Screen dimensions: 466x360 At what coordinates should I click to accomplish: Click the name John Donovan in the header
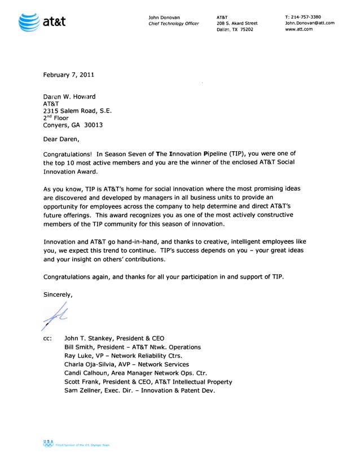[164, 17]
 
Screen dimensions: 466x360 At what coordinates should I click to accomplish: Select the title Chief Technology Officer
[173, 23]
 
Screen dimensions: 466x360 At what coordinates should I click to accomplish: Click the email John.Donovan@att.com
[310, 23]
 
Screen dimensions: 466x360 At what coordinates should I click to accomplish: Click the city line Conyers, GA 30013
[73, 125]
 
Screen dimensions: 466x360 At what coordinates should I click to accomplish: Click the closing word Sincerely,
[58, 294]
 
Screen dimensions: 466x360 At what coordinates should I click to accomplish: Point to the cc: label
[48, 338]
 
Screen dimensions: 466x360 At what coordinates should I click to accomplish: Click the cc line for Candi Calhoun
[135, 373]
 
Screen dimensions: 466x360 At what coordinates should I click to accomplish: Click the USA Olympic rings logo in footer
[49, 443]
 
